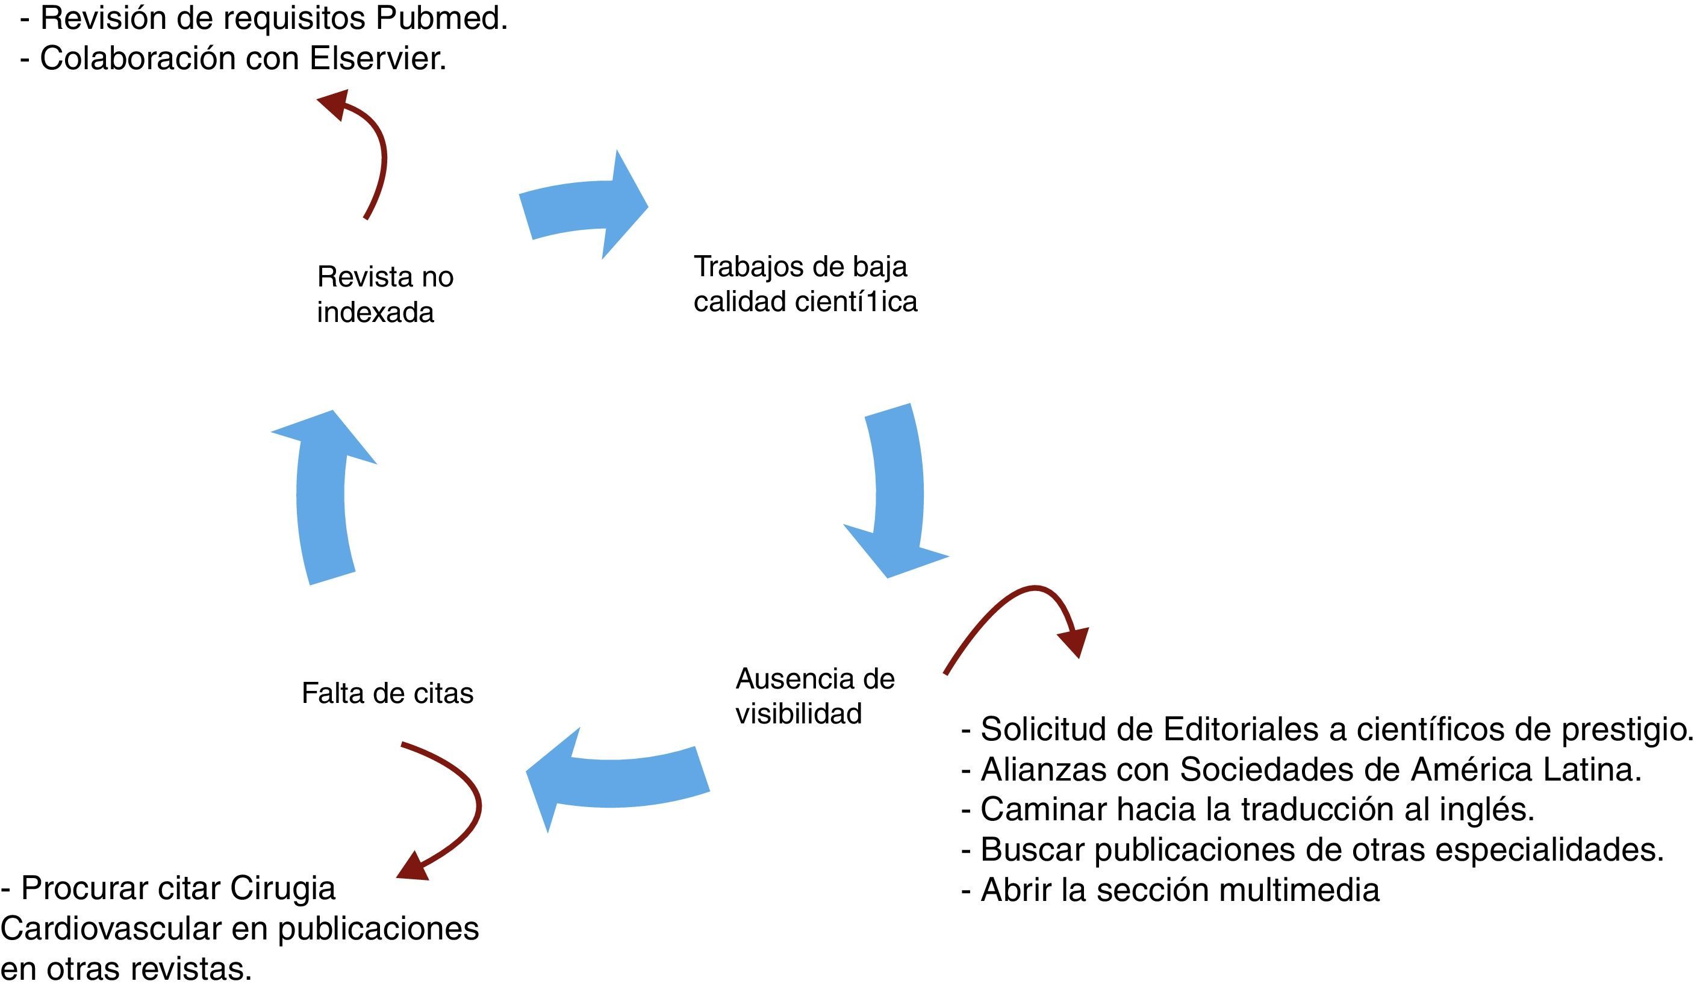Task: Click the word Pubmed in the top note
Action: point(440,19)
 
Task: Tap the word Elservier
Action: point(377,59)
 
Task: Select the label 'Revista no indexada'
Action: point(385,294)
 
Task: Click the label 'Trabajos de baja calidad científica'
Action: point(805,284)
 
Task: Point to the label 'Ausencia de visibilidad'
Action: point(814,696)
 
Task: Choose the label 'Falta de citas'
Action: point(387,693)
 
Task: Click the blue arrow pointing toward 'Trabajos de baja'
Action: point(584,206)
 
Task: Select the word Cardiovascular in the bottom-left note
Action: point(111,929)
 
